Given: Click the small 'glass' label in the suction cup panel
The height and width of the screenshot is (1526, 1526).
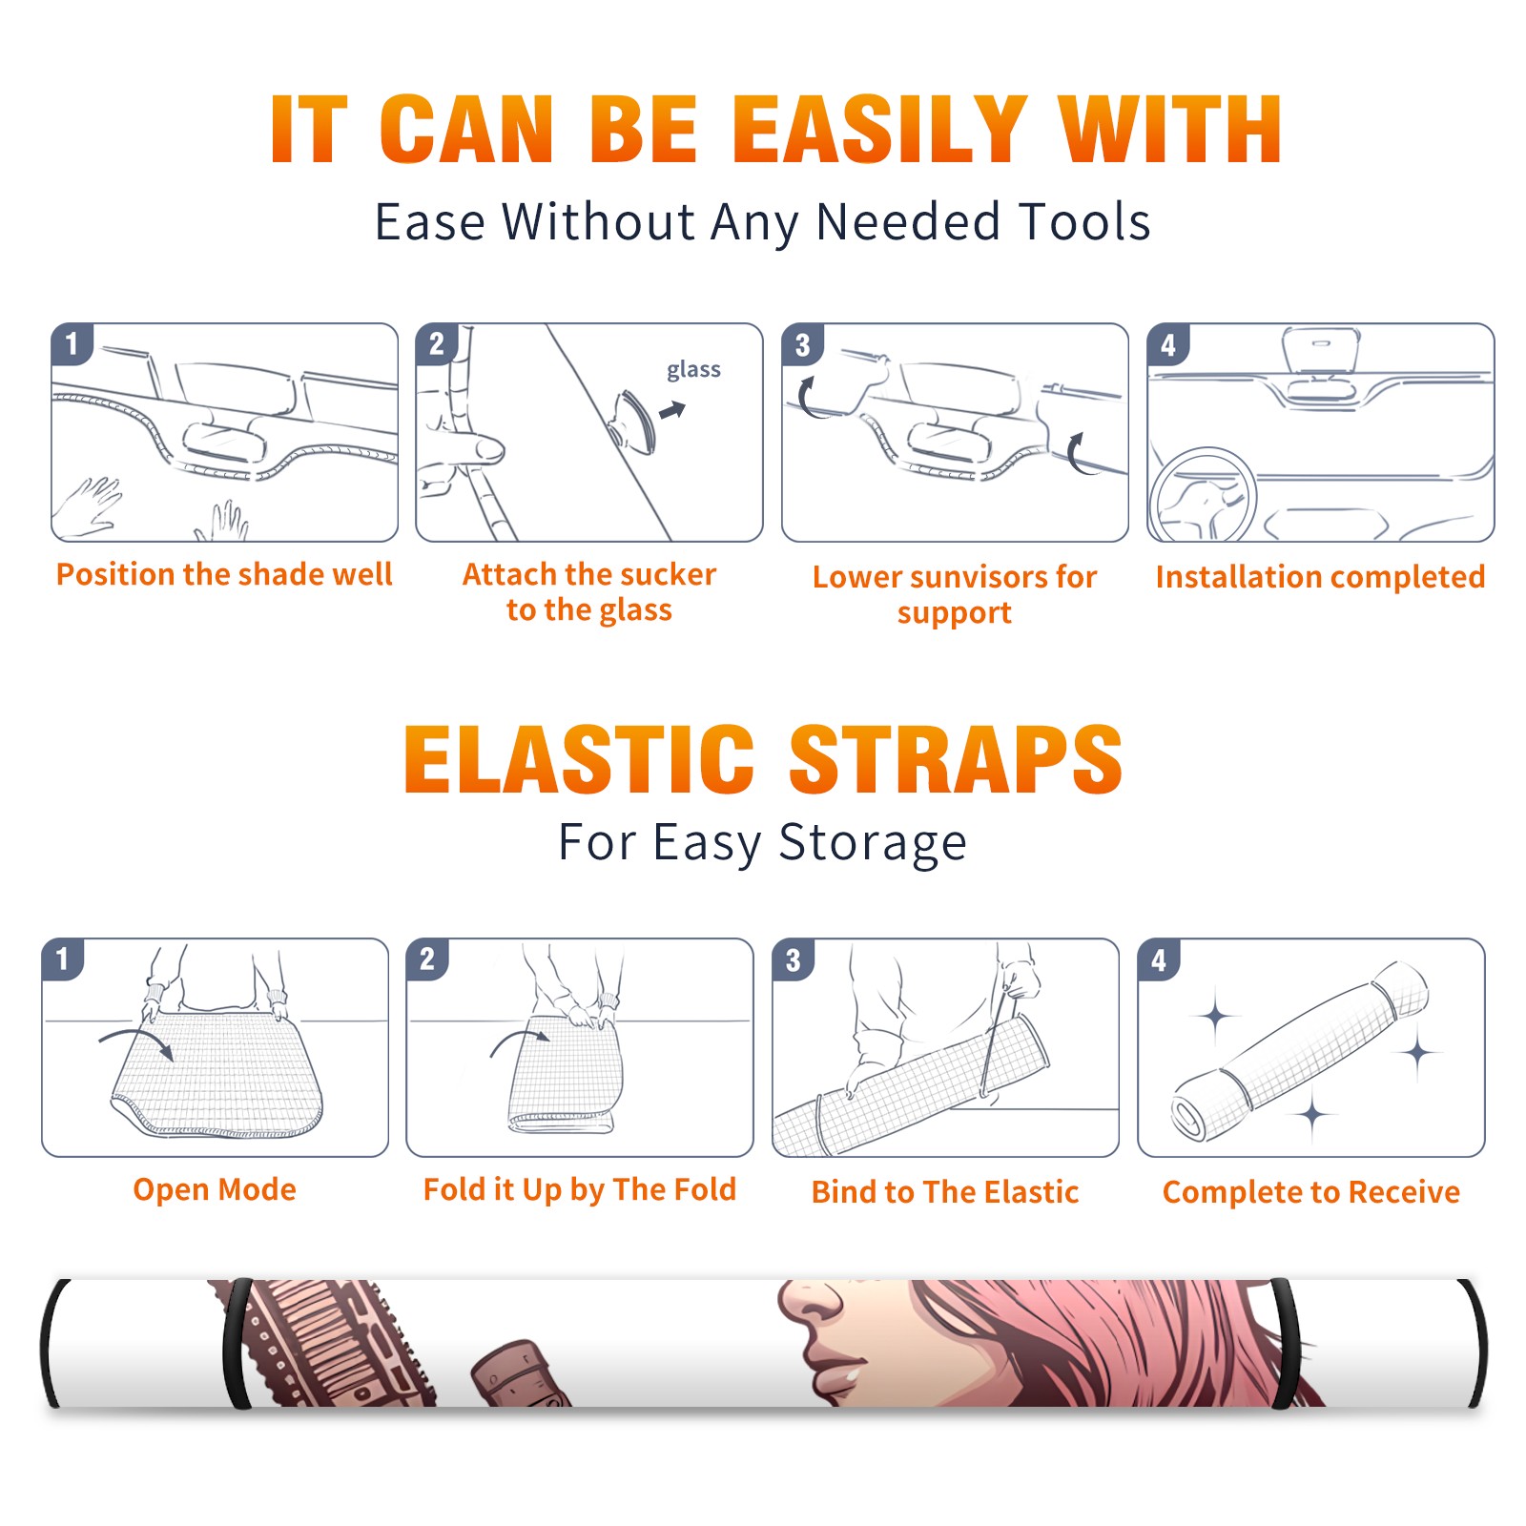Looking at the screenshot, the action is [x=693, y=370].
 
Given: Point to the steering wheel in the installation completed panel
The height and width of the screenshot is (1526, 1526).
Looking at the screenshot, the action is [x=1203, y=494].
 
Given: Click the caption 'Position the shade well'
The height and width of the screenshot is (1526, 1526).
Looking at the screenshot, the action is [x=224, y=574].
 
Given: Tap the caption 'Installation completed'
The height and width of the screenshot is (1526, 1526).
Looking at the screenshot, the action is [x=1320, y=577].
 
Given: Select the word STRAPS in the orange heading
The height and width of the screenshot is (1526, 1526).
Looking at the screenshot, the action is [x=956, y=759].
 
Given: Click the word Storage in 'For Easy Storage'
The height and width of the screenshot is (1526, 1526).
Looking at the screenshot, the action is [x=873, y=843].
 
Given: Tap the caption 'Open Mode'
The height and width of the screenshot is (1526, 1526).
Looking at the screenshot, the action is [x=215, y=1189].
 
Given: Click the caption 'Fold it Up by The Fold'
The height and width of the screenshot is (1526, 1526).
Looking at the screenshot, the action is [x=580, y=1189].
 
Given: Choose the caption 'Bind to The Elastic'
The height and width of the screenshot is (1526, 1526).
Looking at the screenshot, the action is [x=945, y=1192].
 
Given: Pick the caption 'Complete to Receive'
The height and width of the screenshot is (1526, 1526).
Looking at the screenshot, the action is [x=1311, y=1192].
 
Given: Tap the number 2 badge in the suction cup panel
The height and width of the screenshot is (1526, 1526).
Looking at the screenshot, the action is [x=437, y=344].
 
